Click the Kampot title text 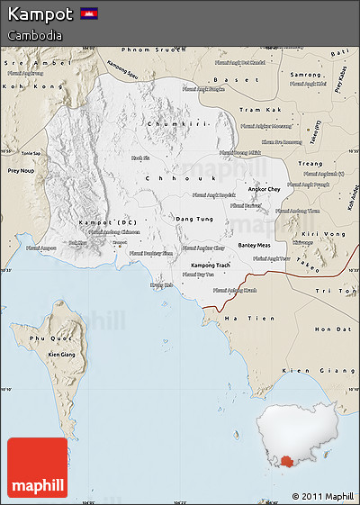pyautogui.click(x=40, y=14)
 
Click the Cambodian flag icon pyautogui.click(x=89, y=14)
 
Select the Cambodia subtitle pyautogui.click(x=35, y=35)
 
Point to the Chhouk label pyautogui.click(x=166, y=179)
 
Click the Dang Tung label pyautogui.click(x=194, y=219)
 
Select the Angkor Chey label pyautogui.click(x=264, y=190)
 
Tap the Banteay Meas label pyautogui.click(x=253, y=245)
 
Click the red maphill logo pyautogui.click(x=37, y=468)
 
